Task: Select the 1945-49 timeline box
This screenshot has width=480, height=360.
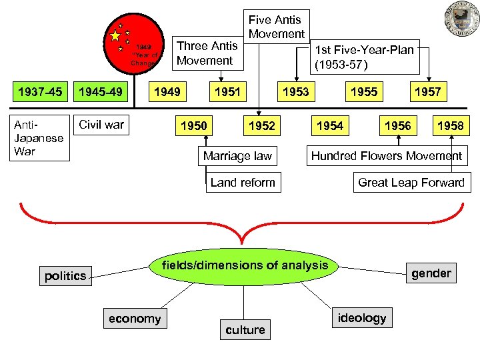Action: (101, 91)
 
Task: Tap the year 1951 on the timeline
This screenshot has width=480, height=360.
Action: (227, 91)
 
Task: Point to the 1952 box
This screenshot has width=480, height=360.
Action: (261, 125)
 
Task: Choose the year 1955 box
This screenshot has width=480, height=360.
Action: (364, 91)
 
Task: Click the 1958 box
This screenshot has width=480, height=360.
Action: (451, 125)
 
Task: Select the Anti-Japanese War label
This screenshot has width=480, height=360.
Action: (38, 138)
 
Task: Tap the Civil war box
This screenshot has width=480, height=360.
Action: (101, 124)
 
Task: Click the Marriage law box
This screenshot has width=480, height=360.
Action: (237, 156)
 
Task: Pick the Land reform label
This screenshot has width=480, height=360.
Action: (242, 182)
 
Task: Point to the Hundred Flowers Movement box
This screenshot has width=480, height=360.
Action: (387, 156)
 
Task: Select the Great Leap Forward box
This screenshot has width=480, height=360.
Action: (411, 182)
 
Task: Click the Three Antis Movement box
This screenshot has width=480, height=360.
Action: (205, 53)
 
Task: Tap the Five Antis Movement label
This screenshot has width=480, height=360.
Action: (276, 27)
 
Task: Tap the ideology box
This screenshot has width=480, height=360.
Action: (361, 318)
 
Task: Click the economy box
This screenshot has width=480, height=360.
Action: (135, 319)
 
